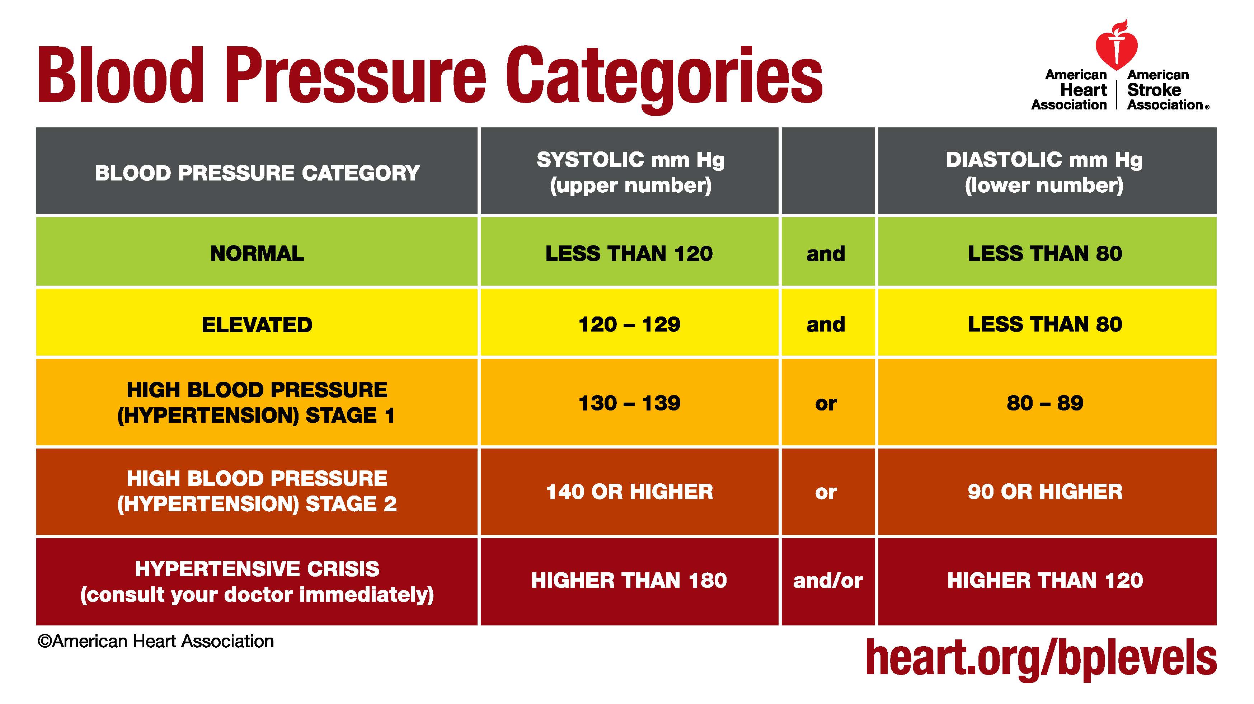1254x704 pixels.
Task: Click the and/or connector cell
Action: point(828,581)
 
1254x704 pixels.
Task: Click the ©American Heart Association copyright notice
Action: point(156,642)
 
